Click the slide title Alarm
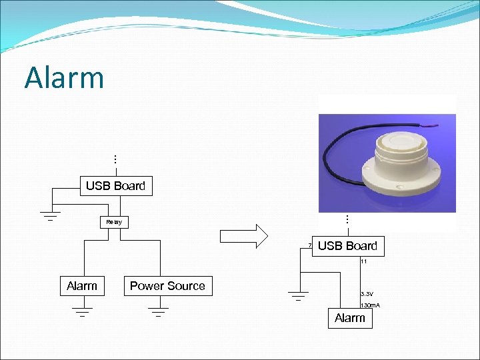coord(65,77)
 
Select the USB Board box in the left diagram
coord(115,186)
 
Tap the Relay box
coord(114,221)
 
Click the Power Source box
coord(167,286)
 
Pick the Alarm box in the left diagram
coord(82,286)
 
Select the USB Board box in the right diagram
coord(347,246)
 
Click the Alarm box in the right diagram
coord(350,318)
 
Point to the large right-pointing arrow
coord(243,235)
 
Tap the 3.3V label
coord(367,293)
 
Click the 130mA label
coord(370,305)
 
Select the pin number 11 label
coord(364,262)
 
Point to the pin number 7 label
coord(310,246)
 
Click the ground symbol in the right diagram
coord(299,296)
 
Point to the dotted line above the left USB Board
coord(115,160)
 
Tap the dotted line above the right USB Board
coord(347,219)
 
